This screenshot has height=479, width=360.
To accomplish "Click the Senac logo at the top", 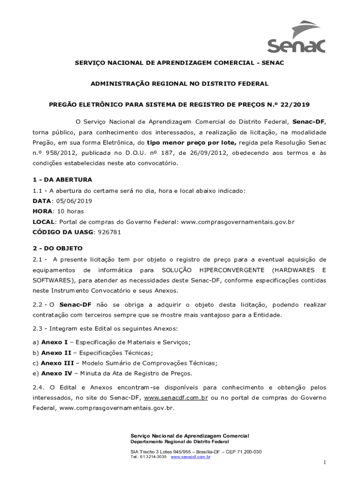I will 295,37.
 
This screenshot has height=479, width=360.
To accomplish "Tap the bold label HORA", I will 42,211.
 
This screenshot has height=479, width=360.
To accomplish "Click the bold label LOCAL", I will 43,221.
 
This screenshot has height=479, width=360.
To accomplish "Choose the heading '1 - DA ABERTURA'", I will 62,180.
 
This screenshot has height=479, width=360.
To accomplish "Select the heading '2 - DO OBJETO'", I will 57,248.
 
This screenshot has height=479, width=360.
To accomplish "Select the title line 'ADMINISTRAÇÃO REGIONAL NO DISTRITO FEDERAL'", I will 180,84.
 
